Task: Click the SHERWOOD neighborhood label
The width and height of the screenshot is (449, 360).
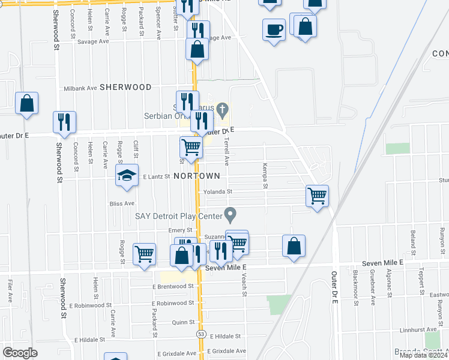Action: click(x=125, y=87)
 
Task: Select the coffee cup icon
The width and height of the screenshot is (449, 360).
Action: click(x=274, y=30)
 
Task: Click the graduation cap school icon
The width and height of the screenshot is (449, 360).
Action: click(x=127, y=175)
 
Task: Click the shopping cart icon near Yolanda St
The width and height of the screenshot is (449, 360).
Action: click(x=316, y=196)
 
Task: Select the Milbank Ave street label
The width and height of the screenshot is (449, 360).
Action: click(x=80, y=88)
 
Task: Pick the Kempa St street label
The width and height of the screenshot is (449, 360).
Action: click(x=264, y=175)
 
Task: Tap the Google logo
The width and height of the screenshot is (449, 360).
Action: click(x=20, y=353)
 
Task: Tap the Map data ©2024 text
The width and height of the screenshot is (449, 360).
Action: click(x=423, y=355)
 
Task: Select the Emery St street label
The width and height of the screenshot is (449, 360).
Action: click(x=180, y=230)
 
